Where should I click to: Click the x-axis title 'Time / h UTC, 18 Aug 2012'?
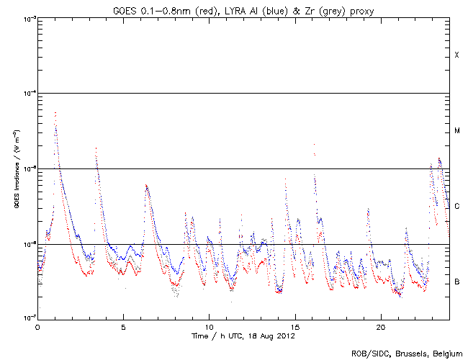243,336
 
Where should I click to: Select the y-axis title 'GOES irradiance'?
15,168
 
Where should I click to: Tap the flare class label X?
457,55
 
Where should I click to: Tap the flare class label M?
457,131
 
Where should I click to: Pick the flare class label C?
457,207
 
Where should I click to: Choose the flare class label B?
457,282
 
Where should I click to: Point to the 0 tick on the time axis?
37,326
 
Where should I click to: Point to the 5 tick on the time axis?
123,326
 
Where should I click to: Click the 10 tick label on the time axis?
209,326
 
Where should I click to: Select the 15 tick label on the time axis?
294,326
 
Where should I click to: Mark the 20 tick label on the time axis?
380,326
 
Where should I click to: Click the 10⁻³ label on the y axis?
27,18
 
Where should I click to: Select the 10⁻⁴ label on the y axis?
27,94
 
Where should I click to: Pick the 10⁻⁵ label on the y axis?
27,168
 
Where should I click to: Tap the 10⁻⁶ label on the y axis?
27,244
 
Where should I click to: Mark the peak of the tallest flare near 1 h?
55,112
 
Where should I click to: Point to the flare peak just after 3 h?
96,148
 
